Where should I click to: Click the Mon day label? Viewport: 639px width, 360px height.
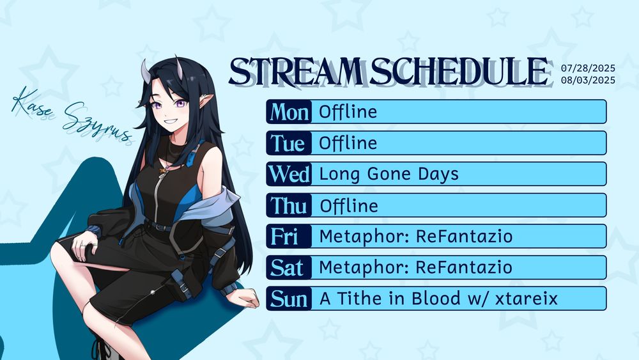(289, 112)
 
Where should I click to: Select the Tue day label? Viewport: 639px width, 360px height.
(288, 143)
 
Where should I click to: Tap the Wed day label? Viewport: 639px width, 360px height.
(289, 174)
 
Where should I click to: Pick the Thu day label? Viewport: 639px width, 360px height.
(289, 205)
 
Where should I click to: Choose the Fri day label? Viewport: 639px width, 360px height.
(284, 237)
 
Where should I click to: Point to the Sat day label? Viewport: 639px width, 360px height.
(287, 268)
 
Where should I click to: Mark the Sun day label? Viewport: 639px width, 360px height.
(289, 299)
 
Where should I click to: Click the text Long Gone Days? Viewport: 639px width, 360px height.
(389, 175)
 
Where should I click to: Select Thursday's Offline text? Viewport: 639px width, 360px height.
(349, 205)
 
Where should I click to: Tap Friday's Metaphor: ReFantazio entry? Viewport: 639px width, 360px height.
(416, 237)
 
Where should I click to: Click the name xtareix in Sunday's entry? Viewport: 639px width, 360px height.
(526, 299)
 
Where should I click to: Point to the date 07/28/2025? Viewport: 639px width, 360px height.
(588, 68)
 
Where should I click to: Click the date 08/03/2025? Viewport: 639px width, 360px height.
(588, 80)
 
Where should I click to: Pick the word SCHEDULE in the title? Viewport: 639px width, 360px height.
(459, 72)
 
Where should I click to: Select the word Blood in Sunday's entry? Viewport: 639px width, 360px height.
(436, 299)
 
